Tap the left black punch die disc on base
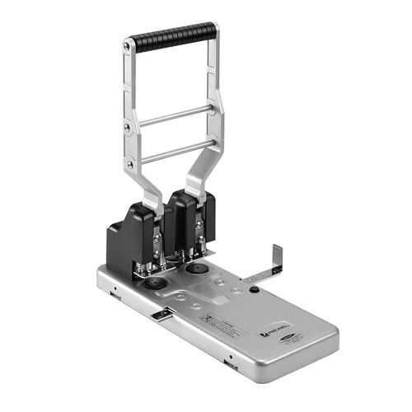(x=152, y=283)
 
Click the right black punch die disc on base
(x=196, y=269)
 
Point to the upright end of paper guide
(x=276, y=258)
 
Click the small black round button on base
(x=255, y=289)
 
